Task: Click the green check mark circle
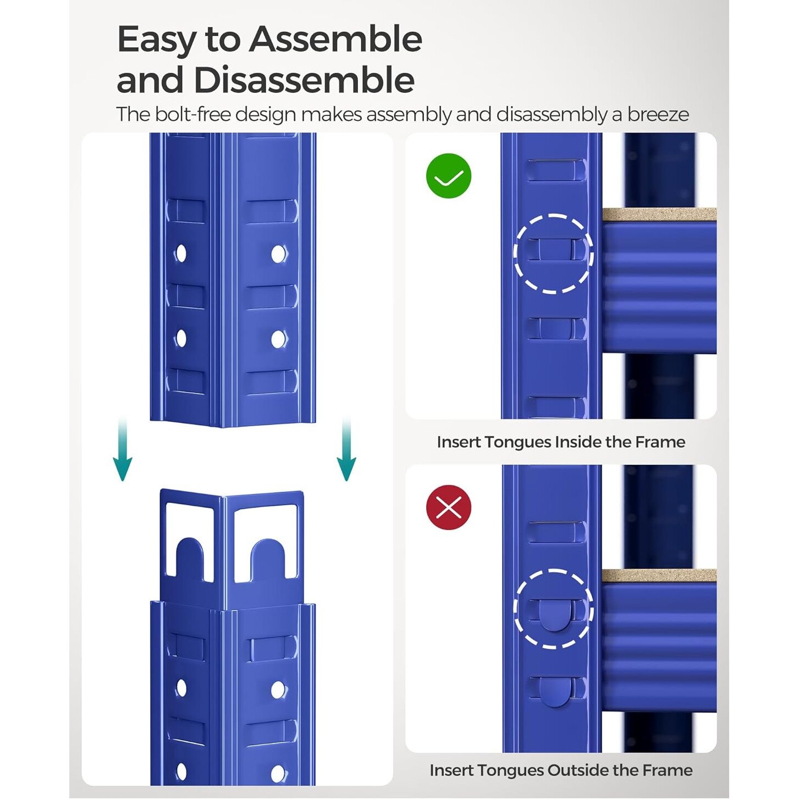point(449,176)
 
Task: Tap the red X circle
point(449,508)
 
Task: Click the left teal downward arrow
point(123,450)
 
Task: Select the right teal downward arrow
point(346,450)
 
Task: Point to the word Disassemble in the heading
point(304,80)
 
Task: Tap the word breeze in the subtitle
point(658,114)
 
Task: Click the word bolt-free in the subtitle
point(193,114)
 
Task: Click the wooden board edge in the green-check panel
point(659,215)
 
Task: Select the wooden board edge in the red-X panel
point(659,576)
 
